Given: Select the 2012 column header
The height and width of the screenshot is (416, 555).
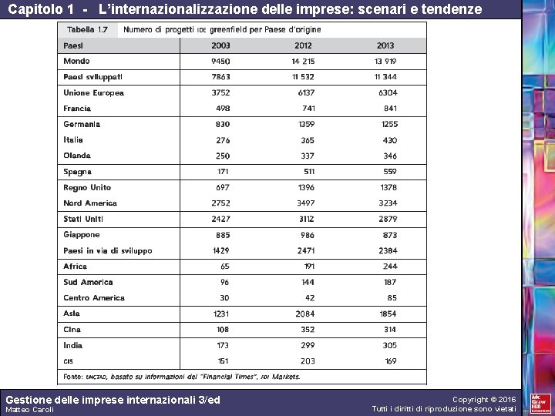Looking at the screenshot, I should (303, 45).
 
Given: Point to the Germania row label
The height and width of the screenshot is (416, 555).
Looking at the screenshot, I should (82, 124).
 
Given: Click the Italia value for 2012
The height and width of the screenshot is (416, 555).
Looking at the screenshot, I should (307, 140).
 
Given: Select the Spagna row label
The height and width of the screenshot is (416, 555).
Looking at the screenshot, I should (77, 172).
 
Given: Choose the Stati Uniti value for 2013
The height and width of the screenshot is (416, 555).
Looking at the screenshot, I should (388, 220).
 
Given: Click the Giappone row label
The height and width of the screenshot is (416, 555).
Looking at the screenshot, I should (82, 235).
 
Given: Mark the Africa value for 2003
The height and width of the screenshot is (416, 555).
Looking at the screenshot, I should (224, 267).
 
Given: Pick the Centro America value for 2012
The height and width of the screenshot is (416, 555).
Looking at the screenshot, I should (309, 298).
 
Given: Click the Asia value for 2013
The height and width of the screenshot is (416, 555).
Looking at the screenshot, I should (388, 314).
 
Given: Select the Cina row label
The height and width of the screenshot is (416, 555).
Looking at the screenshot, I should (72, 330).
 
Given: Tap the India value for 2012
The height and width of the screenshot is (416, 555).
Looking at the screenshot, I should (307, 346).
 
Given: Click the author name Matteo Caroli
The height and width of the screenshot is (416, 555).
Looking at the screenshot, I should (29, 410).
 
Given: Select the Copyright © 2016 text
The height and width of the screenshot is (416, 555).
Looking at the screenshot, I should (484, 400).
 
